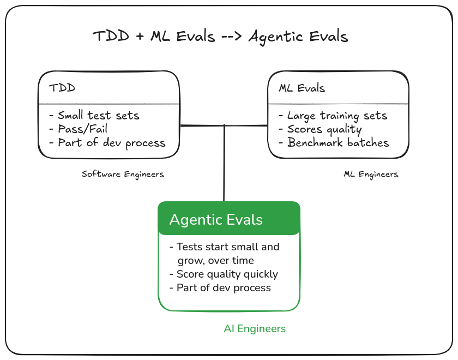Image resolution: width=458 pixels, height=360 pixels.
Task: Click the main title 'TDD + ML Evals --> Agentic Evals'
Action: (x=220, y=37)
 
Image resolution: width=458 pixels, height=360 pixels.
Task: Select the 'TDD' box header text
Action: (x=62, y=88)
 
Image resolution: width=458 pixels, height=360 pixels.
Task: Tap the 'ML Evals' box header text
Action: (x=302, y=88)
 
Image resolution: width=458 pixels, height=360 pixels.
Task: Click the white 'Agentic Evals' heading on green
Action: (x=216, y=220)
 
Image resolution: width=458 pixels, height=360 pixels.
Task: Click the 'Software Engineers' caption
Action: (x=123, y=174)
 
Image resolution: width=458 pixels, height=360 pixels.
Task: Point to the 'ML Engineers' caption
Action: (x=371, y=174)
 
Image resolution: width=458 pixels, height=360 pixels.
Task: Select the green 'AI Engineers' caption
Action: (x=255, y=328)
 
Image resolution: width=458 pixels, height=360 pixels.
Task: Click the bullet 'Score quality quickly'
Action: (x=224, y=274)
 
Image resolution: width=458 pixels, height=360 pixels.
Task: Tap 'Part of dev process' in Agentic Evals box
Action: (x=220, y=287)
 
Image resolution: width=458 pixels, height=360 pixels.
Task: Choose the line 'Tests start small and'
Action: (x=225, y=247)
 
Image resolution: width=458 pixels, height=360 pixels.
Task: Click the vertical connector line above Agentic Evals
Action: (x=224, y=164)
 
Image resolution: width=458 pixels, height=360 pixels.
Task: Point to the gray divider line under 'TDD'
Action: (x=109, y=104)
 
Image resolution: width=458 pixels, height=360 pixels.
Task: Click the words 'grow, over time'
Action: (x=216, y=260)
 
